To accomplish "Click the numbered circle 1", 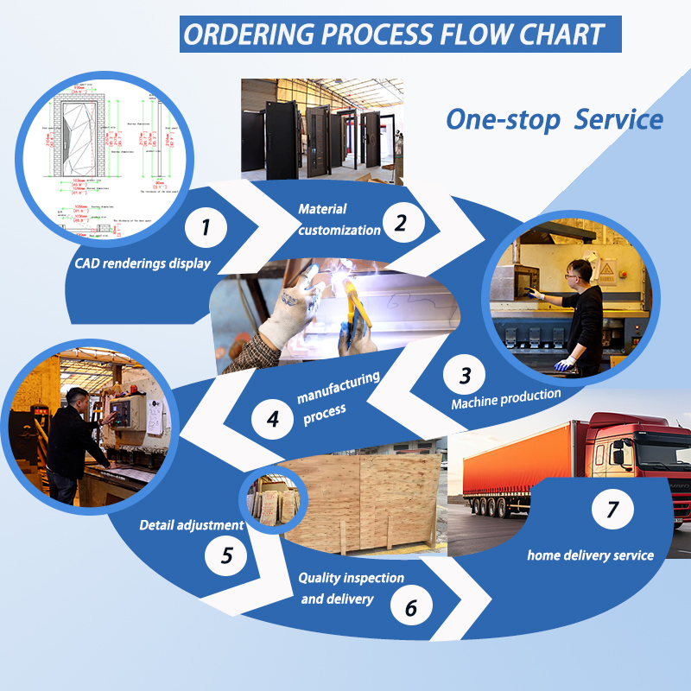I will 206,228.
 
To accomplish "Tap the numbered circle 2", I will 401,223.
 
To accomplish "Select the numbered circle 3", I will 466,376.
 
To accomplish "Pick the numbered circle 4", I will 273,420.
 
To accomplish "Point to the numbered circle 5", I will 226,555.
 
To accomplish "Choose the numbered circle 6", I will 411,607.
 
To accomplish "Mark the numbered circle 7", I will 612,510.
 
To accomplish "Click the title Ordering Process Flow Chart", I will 394,35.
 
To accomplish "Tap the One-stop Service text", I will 554,119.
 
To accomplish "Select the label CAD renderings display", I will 142,263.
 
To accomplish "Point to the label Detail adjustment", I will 191,524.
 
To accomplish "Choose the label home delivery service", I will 591,555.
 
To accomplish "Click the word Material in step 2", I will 322,209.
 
